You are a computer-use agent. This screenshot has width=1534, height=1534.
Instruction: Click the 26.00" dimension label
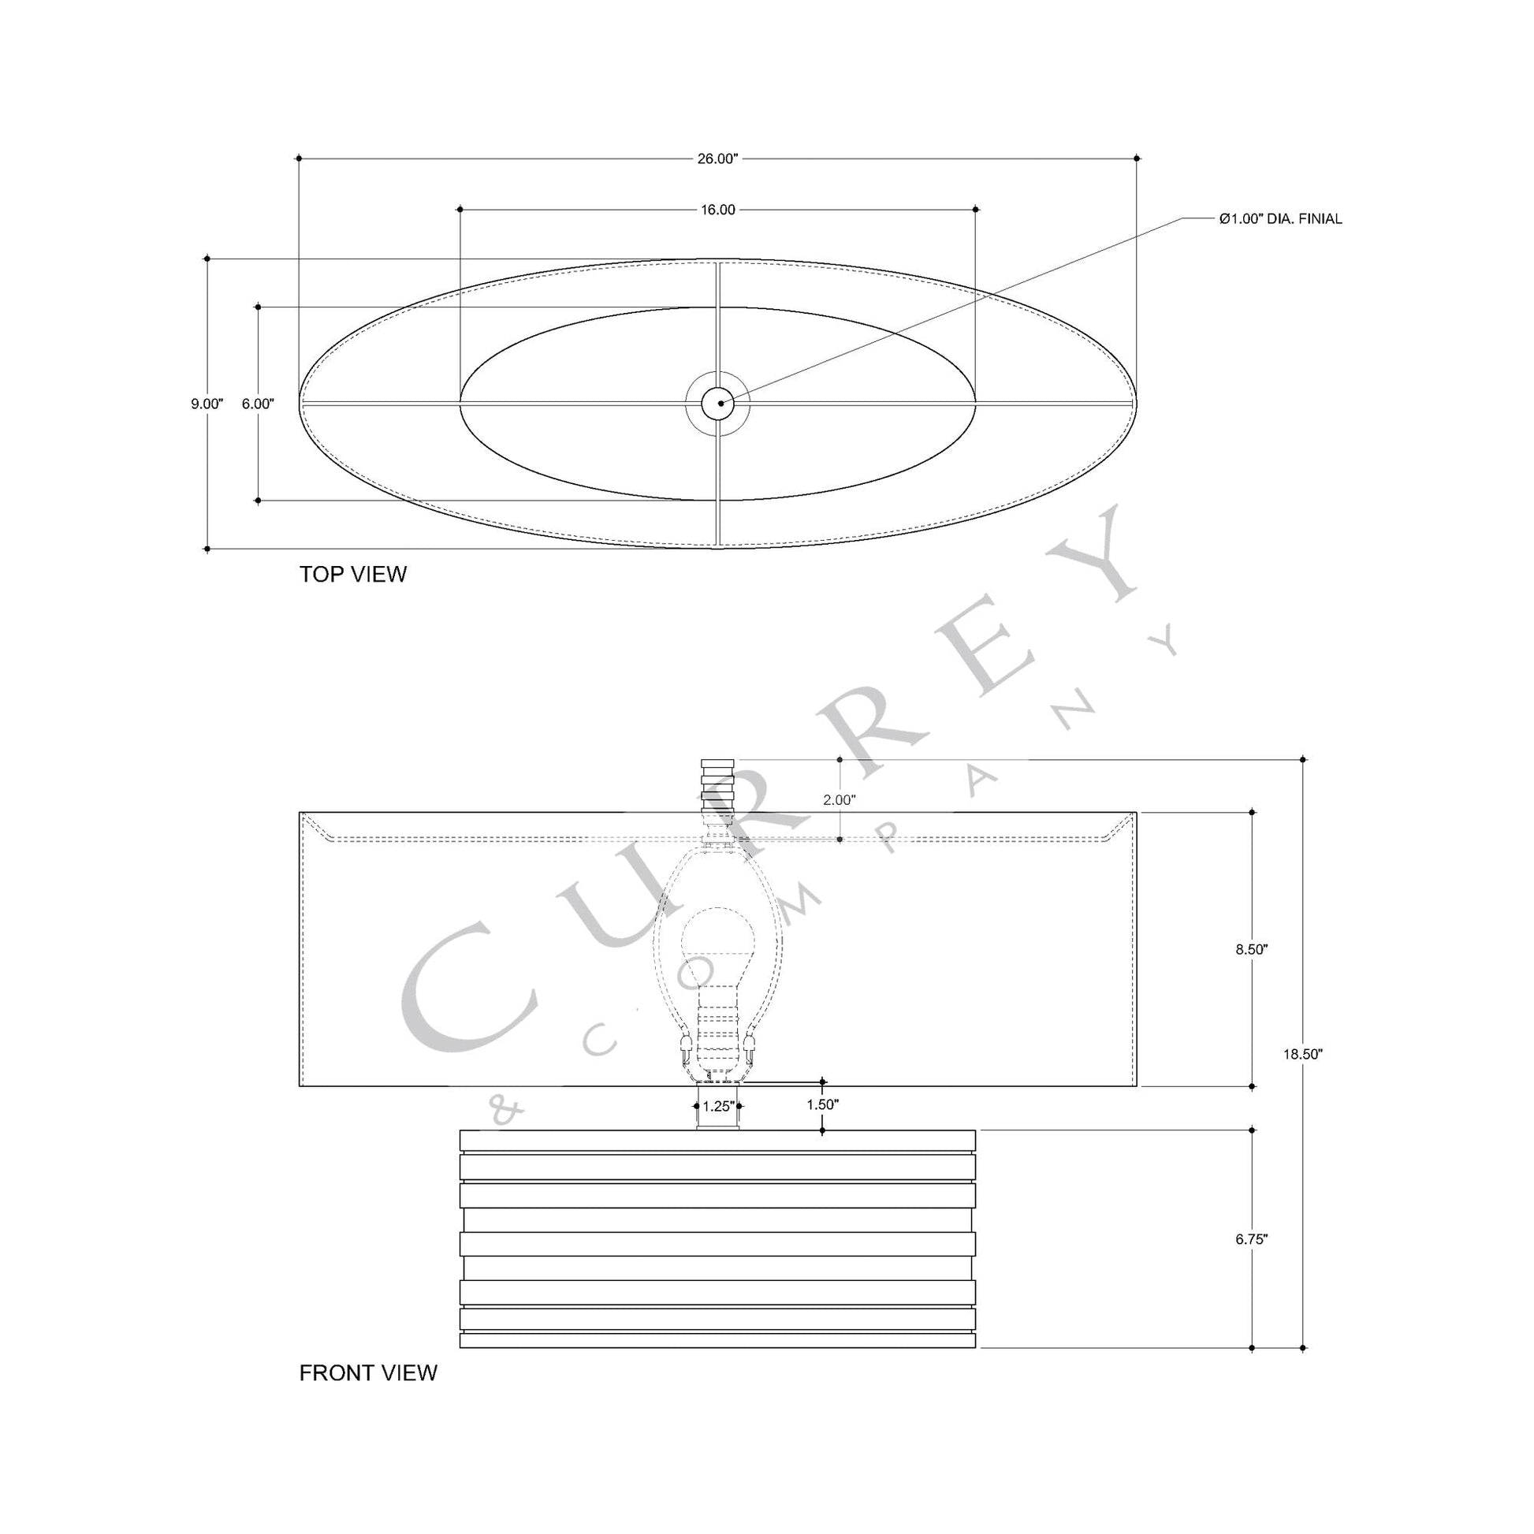(717, 158)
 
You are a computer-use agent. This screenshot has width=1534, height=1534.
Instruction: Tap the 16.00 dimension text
(717, 210)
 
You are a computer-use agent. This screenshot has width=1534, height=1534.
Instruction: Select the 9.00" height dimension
(207, 404)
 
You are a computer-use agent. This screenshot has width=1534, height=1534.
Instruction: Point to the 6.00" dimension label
(258, 404)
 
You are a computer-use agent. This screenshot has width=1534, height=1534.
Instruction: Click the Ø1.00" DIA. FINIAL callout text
(1280, 219)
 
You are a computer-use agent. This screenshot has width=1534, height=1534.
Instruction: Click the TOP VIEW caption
(352, 574)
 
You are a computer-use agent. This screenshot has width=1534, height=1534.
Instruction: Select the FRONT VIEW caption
(367, 1394)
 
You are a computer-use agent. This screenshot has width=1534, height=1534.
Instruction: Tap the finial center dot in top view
(720, 404)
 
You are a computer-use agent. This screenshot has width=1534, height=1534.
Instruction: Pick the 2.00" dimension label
(840, 799)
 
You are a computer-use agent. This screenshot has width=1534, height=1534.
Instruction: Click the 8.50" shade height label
(1251, 949)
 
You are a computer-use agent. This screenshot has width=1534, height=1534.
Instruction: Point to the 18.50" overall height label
(1302, 1055)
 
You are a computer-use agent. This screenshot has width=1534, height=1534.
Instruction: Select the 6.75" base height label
(1251, 1238)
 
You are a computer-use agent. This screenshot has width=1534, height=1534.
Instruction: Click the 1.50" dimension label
(823, 1104)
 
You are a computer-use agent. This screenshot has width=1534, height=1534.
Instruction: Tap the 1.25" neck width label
(719, 1106)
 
